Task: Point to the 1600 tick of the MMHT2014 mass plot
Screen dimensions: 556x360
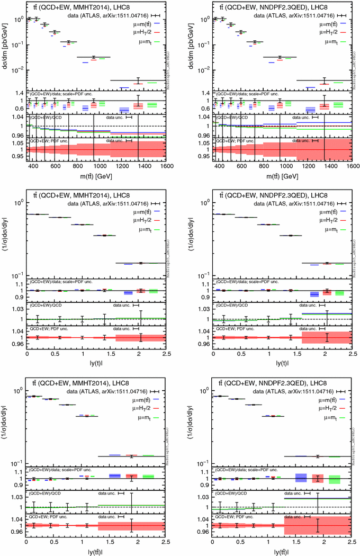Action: click(165, 166)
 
